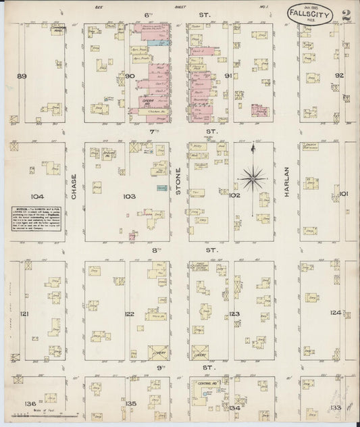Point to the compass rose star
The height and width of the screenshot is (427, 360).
click(253, 178)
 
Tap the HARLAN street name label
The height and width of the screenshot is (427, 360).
click(286, 182)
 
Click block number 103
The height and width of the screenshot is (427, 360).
click(128, 197)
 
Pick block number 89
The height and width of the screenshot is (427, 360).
click(22, 76)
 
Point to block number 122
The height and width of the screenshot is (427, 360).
click(130, 314)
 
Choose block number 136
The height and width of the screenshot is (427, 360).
click(29, 403)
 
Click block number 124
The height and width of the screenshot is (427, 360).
click(336, 313)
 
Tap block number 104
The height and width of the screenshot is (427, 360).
click(36, 197)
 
